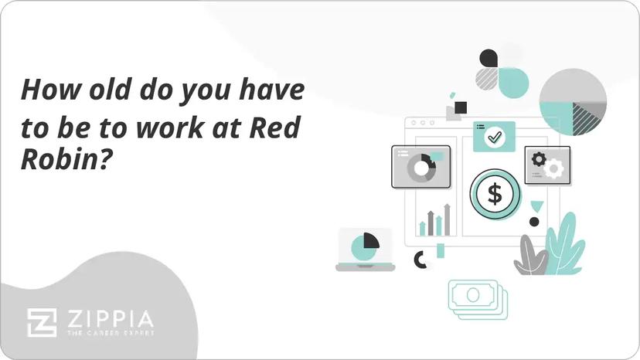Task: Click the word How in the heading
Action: pos(50,89)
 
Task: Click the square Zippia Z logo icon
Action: pos(42,323)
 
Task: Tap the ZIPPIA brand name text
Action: pos(111,319)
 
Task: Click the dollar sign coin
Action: pos(495,194)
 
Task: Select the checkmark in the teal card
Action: pos(494,137)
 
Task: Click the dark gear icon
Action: pos(539,159)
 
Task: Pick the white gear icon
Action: pos(553,168)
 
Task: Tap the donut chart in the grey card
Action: pos(421,168)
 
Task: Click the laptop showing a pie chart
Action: pos(365,250)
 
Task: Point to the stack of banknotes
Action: pos(478,299)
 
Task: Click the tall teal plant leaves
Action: pos(564,246)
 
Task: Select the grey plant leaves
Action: pos(530,256)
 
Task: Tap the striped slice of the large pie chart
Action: pos(587,117)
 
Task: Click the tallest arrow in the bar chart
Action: pos(447,219)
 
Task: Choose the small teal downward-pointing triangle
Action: pos(536,205)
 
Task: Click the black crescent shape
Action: pos(419,260)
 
